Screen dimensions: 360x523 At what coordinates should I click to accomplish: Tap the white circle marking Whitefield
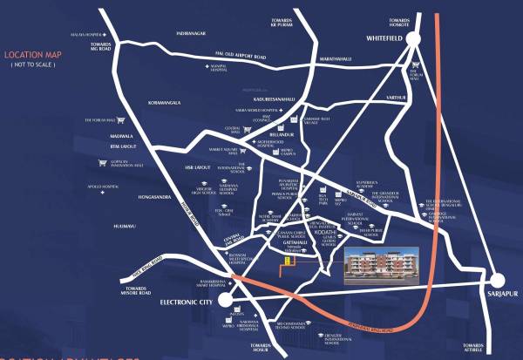coord(413,38)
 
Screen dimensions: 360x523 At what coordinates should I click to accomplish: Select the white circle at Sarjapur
coord(499,281)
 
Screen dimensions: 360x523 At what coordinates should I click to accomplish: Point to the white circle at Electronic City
coord(226,300)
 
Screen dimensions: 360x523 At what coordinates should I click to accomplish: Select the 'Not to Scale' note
coord(34,65)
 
